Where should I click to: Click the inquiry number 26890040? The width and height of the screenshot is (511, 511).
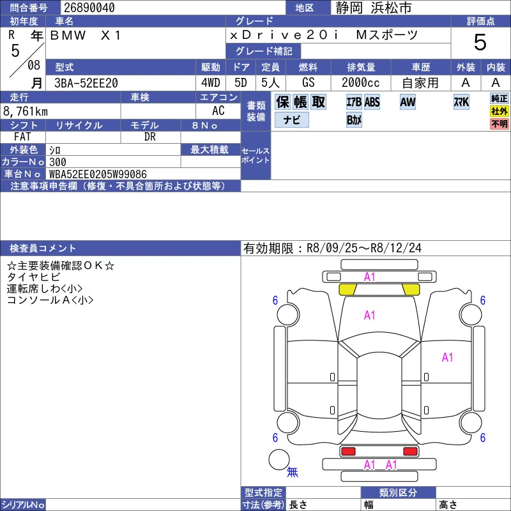tap(89, 8)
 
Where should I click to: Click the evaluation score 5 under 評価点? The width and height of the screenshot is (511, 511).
tap(480, 42)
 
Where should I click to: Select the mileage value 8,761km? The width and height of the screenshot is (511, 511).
tap(26, 111)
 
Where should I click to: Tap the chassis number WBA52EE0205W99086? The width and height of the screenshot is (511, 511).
tap(98, 174)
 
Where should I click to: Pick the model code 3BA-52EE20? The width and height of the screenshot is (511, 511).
tap(86, 83)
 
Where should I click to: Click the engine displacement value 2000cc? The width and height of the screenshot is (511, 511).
tap(360, 83)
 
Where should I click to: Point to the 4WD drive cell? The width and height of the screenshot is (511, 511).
tap(211, 83)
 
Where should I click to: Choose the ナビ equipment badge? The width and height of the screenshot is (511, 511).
tap(292, 119)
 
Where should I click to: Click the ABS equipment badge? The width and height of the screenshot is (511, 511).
tap(372, 102)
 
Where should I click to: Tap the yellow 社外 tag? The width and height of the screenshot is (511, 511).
tap(500, 111)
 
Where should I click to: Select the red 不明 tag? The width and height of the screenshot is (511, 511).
tap(500, 124)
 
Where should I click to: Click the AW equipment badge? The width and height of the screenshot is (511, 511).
tap(408, 102)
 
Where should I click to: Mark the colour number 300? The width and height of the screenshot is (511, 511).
tap(57, 162)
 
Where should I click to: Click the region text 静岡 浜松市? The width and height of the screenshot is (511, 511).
tap(374, 8)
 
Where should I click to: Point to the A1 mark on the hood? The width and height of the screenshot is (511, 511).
tap(369, 315)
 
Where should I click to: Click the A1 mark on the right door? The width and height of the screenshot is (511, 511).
tap(448, 357)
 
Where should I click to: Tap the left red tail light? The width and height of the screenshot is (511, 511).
tap(348, 452)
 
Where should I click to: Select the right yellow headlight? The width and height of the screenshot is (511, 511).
tap(411, 289)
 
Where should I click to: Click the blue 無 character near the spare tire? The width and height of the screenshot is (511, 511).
tap(293, 471)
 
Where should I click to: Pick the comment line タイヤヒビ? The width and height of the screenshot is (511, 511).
tap(34, 277)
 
